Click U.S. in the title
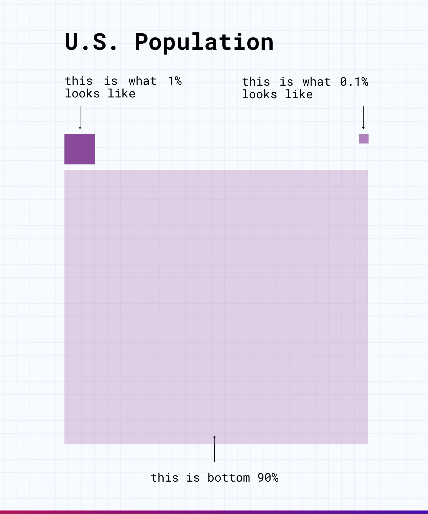(91, 42)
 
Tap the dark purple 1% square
(80, 149)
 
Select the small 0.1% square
(364, 139)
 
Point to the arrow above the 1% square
(80, 118)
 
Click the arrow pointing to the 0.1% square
(363, 118)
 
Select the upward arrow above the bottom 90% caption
(214, 449)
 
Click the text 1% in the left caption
(175, 81)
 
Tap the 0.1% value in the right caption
(354, 82)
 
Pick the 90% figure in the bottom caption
(268, 478)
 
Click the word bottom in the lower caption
(229, 478)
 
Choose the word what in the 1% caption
(142, 81)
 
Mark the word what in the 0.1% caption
(317, 82)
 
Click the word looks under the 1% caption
(82, 94)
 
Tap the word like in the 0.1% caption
(299, 95)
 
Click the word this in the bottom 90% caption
(164, 478)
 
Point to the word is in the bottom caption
(193, 478)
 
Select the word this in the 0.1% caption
(256, 82)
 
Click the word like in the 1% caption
(121, 94)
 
